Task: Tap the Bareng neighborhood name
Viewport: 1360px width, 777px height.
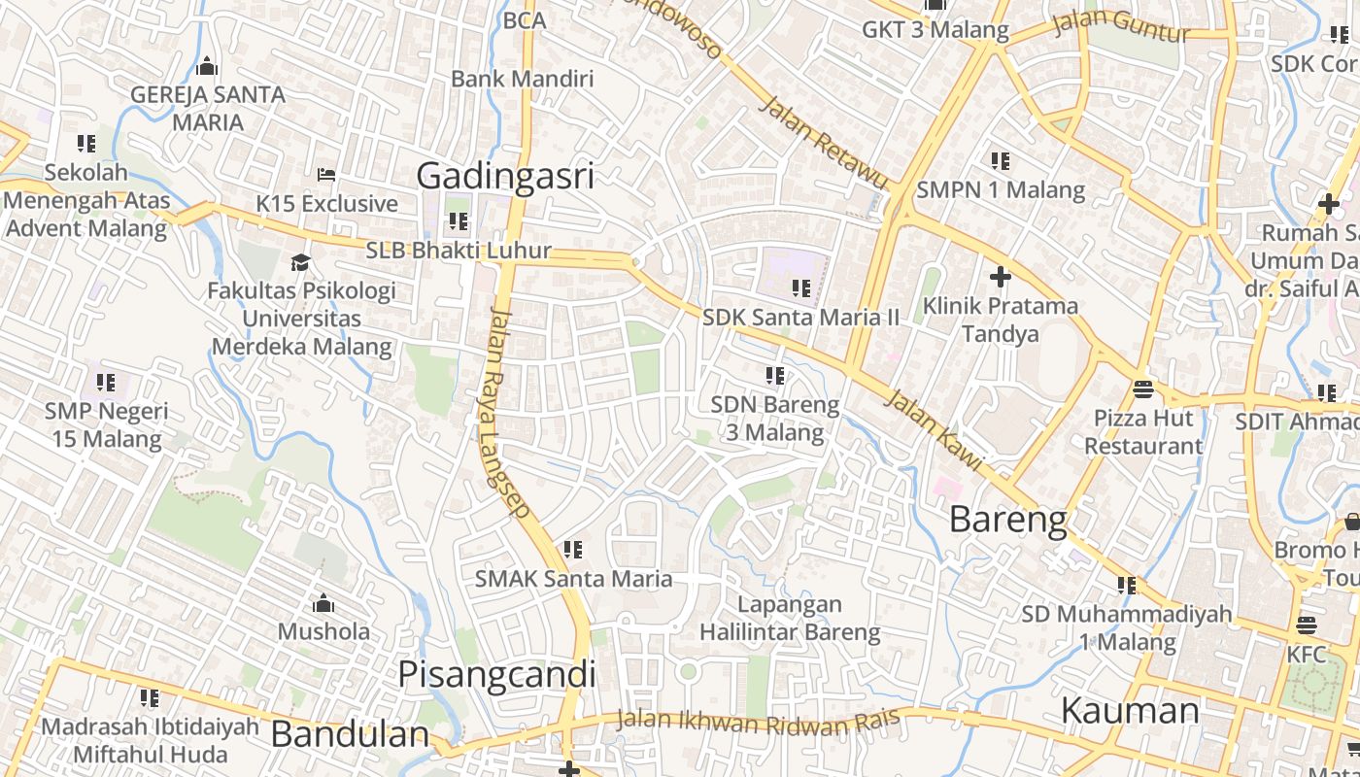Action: (1007, 520)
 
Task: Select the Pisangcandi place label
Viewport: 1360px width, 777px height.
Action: (496, 674)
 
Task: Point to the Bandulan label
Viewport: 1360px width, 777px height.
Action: (350, 734)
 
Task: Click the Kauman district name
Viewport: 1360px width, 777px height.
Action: (1130, 711)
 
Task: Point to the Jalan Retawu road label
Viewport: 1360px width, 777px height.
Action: (823, 143)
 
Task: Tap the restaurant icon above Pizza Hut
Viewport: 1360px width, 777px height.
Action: (1142, 389)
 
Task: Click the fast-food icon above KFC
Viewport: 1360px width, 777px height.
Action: (1306, 625)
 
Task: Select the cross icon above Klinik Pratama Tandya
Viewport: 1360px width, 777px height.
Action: (1000, 278)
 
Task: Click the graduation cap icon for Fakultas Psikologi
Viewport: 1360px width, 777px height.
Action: (301, 262)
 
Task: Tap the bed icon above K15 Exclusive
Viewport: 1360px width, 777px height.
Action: (326, 175)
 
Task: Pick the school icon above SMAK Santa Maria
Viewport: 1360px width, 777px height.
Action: (573, 550)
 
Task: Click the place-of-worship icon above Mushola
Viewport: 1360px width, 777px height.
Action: (323, 603)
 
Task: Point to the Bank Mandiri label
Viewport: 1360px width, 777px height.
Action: (522, 79)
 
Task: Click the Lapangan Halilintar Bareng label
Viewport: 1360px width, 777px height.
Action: (790, 619)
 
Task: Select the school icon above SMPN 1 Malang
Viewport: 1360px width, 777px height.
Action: (1000, 160)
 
